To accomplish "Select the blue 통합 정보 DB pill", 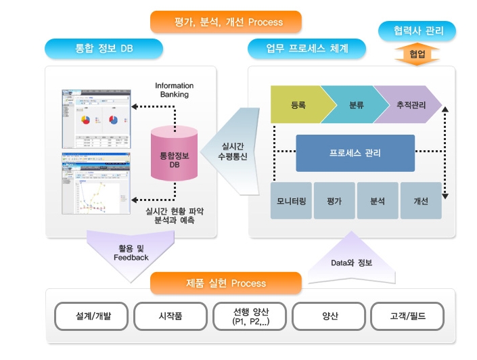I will point(104,49).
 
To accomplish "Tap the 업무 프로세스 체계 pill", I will point(306,49).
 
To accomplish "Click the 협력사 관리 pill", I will point(415,30).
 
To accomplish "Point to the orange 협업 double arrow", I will point(417,54).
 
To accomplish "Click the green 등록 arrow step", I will point(298,106).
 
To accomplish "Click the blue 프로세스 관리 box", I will point(355,153).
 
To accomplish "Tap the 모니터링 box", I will point(292,201).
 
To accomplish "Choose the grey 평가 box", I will point(334,201).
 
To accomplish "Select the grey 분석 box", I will point(377,201).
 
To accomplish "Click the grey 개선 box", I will point(420,201).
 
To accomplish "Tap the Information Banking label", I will point(174,90).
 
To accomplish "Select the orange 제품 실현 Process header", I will point(225,284).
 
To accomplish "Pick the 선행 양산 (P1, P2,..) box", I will point(250,316).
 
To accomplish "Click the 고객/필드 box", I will point(407,316).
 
